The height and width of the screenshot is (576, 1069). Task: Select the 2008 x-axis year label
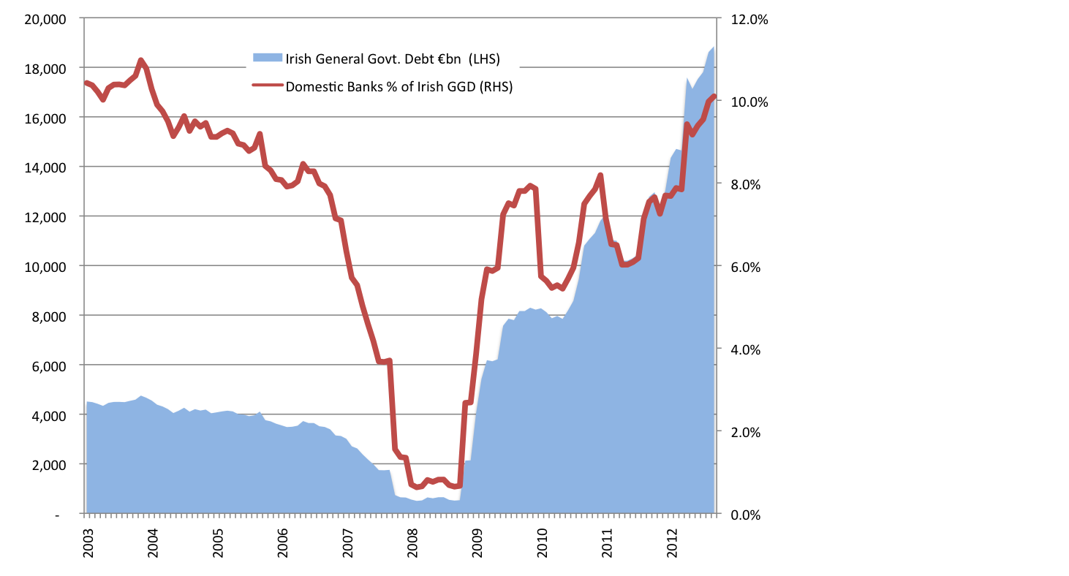413,544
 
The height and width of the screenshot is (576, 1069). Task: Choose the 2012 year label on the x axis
673,544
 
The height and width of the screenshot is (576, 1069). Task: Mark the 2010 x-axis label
543,544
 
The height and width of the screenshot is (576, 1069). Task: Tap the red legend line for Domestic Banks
267,86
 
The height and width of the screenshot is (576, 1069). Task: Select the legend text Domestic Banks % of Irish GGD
398,86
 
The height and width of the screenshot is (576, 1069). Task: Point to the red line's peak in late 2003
140,60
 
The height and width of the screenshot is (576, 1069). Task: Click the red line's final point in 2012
714,96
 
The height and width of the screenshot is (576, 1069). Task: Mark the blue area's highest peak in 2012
713,48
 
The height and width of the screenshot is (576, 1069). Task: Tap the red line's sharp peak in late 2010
600,175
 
